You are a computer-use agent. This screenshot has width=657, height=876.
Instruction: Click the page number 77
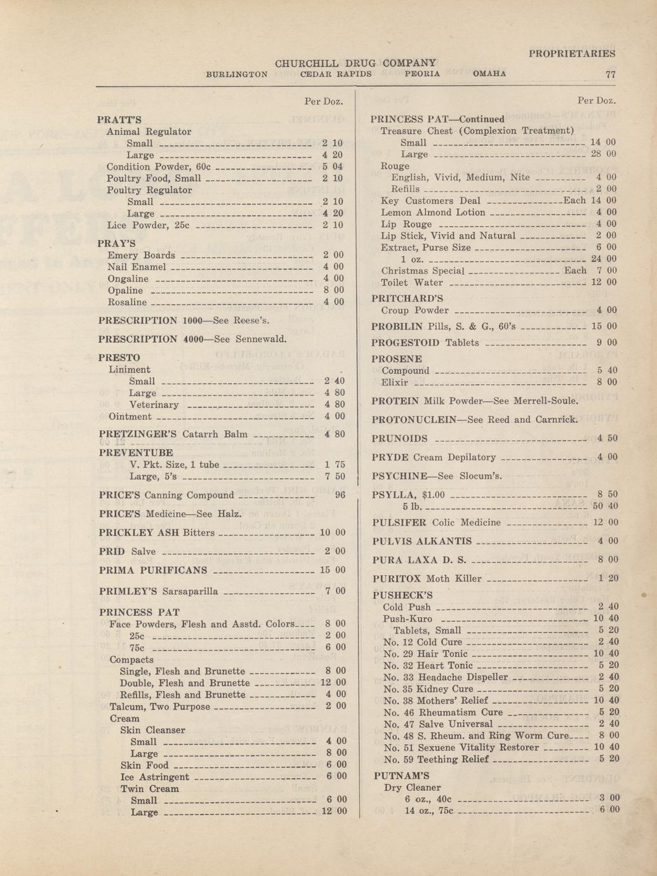tap(611, 74)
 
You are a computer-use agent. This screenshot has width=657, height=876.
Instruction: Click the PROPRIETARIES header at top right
tap(572, 54)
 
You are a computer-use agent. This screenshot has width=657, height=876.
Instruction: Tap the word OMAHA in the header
tap(489, 74)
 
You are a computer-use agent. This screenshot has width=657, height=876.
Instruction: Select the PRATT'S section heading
tap(119, 119)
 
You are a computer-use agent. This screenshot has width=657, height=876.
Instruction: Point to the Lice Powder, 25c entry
tap(149, 225)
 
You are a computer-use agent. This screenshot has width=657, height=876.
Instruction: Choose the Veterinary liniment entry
tap(154, 405)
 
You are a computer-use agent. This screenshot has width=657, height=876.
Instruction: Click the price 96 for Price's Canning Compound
tap(340, 495)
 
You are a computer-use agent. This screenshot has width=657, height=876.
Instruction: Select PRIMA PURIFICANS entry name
tap(153, 570)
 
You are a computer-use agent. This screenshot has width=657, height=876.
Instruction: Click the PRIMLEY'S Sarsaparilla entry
tap(159, 592)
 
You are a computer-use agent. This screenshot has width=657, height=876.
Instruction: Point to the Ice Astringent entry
tap(155, 777)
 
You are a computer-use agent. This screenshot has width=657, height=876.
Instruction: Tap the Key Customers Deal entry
tap(430, 201)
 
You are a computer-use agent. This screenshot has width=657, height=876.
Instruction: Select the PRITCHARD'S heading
tap(407, 298)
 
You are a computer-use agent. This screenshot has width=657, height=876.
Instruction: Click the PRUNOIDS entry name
tap(399, 439)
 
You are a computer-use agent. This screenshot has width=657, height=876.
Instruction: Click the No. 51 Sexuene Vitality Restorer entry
tap(461, 748)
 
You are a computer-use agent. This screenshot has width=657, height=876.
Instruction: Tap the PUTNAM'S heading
tap(401, 776)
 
